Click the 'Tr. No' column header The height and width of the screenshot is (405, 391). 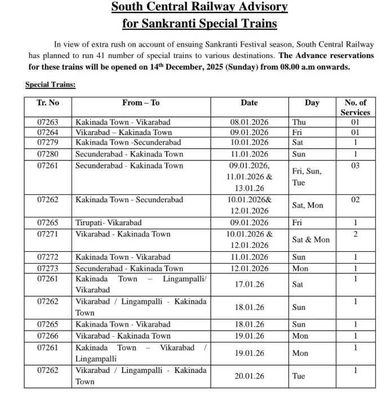click(x=48, y=103)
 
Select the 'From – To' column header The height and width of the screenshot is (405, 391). click(x=141, y=103)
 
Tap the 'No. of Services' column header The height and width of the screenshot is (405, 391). click(x=355, y=107)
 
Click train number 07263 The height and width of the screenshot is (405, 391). click(x=48, y=122)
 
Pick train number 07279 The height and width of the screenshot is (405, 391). click(x=48, y=143)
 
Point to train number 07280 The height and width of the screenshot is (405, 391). click(x=48, y=154)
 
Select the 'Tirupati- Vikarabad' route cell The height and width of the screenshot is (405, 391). click(x=109, y=222)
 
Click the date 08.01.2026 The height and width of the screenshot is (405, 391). click(x=249, y=122)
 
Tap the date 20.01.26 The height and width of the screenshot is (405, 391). click(x=249, y=376)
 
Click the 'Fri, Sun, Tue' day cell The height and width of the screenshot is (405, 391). click(x=306, y=177)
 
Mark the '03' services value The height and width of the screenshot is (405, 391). click(x=355, y=166)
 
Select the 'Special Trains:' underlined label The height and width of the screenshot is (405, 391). click(x=50, y=84)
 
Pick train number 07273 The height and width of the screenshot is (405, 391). click(x=48, y=268)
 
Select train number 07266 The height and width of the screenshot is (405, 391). click(x=48, y=336)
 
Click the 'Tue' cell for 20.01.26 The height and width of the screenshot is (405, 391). click(x=299, y=376)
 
